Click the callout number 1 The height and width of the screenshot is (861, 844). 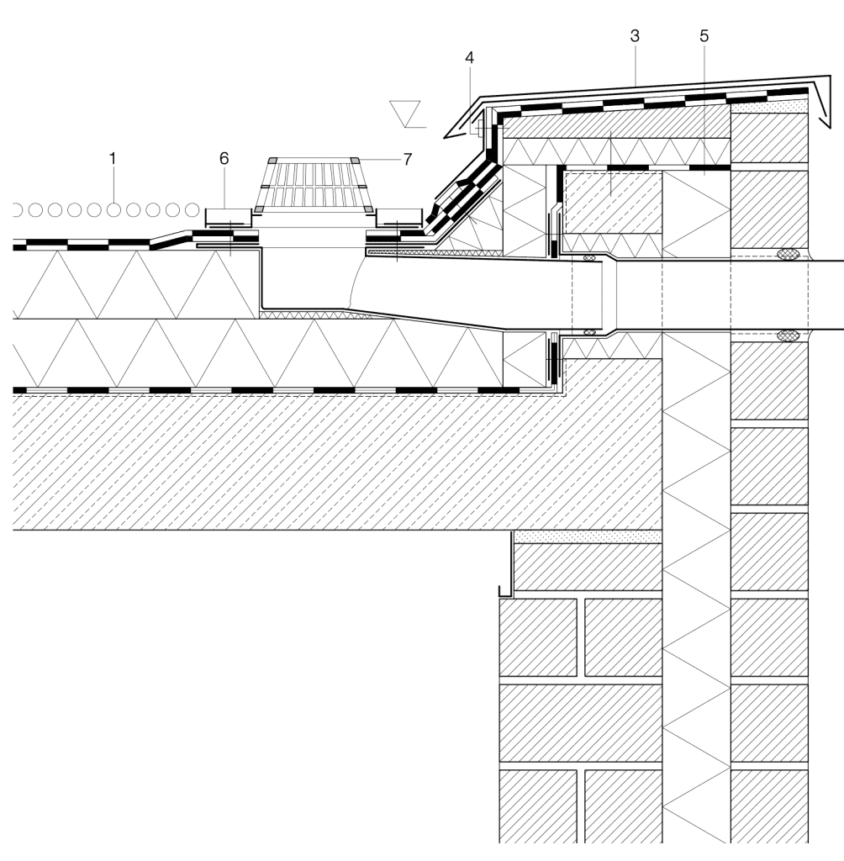click(113, 159)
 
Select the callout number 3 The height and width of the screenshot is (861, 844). click(635, 36)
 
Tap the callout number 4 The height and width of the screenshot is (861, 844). click(470, 58)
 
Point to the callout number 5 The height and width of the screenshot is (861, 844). click(704, 36)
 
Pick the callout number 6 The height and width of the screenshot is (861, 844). click(224, 158)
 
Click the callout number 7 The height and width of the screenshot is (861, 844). click(407, 159)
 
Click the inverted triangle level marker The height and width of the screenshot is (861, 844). click(404, 114)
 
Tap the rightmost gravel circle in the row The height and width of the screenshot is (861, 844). click(192, 209)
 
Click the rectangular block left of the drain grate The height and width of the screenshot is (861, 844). click(229, 216)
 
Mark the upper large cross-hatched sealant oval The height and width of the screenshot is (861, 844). click(789, 254)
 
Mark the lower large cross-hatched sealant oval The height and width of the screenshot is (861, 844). click(789, 335)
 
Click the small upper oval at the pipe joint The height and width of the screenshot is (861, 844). click(589, 257)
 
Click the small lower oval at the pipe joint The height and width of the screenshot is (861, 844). click(589, 332)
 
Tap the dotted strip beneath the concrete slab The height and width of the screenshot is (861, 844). click(587, 536)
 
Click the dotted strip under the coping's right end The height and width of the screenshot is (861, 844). click(769, 105)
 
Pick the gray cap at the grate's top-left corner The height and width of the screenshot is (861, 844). click(272, 160)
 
